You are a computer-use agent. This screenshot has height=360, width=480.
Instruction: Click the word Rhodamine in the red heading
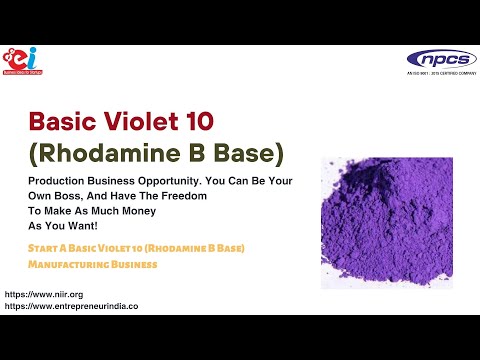(x=127, y=155)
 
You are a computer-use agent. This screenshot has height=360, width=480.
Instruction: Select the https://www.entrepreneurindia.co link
(x=71, y=307)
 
